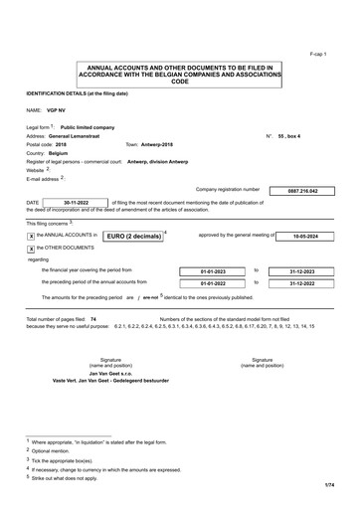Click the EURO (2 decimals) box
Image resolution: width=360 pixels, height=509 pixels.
click(133, 237)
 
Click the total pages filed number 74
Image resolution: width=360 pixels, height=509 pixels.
click(92, 319)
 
